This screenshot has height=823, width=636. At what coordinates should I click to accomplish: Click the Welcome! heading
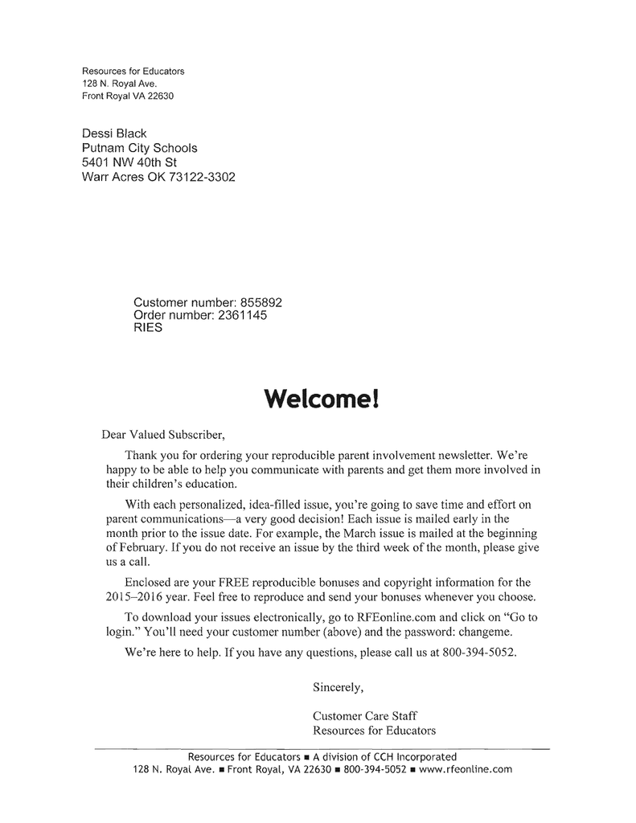click(x=319, y=399)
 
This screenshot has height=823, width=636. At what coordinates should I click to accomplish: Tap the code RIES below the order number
click(x=148, y=328)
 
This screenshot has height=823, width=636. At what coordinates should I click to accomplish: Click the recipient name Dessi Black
click(x=114, y=133)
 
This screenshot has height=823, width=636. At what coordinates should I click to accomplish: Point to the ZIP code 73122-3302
click(x=202, y=177)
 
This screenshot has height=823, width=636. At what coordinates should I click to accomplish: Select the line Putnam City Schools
click(x=139, y=148)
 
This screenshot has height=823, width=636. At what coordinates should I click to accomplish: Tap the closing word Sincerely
click(x=338, y=687)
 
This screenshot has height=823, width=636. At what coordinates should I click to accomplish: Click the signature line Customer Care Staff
click(x=365, y=715)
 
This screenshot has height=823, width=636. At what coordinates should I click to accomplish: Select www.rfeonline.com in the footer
click(x=466, y=769)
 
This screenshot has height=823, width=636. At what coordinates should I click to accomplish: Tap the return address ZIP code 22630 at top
click(x=159, y=96)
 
